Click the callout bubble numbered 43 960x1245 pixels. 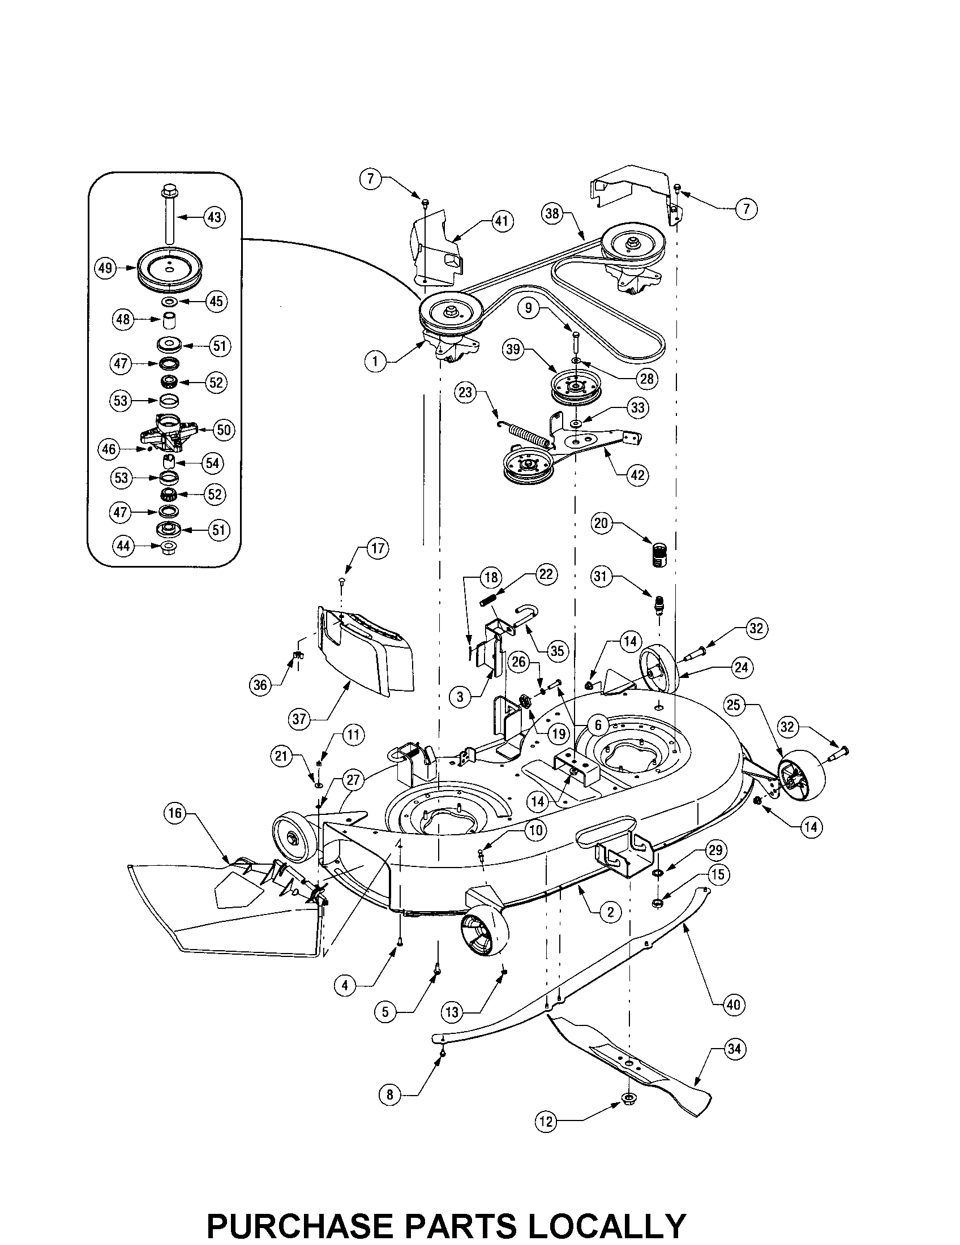tap(214, 217)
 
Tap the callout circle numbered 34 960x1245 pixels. tap(735, 1048)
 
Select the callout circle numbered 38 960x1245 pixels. tap(552, 214)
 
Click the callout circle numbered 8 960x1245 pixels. tap(390, 1094)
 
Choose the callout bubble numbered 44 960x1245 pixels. tap(124, 546)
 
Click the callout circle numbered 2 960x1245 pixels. tap(611, 912)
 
